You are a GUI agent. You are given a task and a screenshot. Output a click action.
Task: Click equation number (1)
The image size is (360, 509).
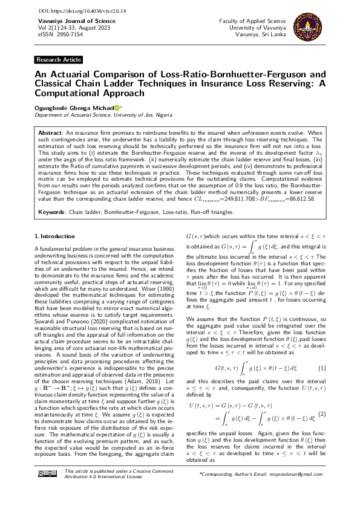click(x=322, y=351)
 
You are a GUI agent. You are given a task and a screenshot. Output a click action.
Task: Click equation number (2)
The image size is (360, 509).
click(x=322, y=396)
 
